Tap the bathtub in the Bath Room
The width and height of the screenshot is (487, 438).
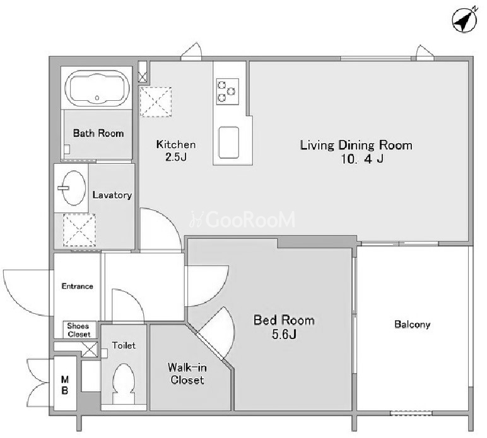point(97,88)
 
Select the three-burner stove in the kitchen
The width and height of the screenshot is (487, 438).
point(228,91)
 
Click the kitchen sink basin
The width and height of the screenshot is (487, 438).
point(229,142)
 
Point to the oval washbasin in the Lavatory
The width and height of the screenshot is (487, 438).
point(74,188)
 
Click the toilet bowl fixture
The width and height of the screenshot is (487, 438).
point(124,384)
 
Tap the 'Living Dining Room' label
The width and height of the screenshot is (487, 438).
point(356,145)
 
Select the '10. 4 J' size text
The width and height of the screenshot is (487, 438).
point(362,159)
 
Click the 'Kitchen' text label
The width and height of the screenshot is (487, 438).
point(176,144)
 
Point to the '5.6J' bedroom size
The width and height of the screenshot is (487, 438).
point(284,334)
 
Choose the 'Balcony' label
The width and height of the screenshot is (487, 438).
point(412,325)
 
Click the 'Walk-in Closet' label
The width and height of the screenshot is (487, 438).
point(187,374)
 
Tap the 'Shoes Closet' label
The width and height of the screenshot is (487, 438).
point(79,330)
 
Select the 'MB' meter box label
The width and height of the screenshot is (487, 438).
point(64,385)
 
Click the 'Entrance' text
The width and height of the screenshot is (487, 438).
point(78,286)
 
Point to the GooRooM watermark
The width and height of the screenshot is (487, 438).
point(242,219)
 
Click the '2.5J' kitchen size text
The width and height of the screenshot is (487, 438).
point(176,157)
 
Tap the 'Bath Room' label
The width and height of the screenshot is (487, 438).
point(98,134)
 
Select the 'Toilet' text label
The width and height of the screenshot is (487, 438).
point(124,345)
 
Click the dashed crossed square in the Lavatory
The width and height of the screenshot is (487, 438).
point(79,230)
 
